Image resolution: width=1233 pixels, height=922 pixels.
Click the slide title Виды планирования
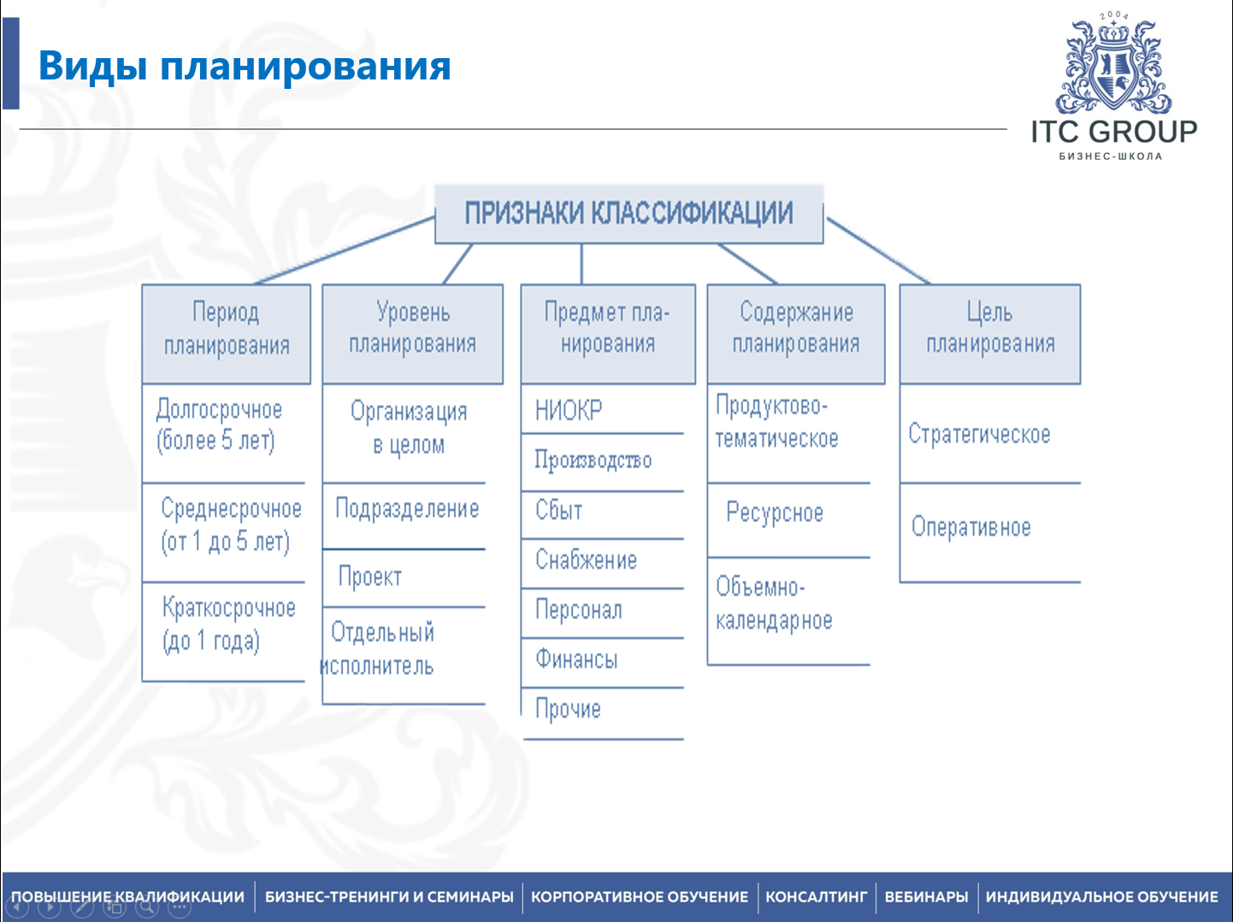pyautogui.click(x=245, y=67)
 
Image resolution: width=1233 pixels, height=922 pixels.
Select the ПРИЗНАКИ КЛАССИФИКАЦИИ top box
pyautogui.click(x=628, y=214)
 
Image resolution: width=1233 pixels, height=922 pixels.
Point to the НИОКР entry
pyautogui.click(x=569, y=411)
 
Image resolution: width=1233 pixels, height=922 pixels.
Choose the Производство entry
pyautogui.click(x=593, y=461)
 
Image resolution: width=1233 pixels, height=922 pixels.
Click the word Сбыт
pyautogui.click(x=559, y=510)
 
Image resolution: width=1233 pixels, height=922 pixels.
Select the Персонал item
pyautogui.click(x=579, y=610)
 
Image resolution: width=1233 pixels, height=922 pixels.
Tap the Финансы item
pyautogui.click(x=576, y=660)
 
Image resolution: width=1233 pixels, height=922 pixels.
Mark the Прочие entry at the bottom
pyautogui.click(x=568, y=709)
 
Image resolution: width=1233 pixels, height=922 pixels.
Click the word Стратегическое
pyautogui.click(x=979, y=434)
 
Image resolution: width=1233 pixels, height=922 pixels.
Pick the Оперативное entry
pyautogui.click(x=970, y=527)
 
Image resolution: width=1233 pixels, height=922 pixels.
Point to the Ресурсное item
pyautogui.click(x=775, y=513)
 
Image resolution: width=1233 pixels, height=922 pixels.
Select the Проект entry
pyautogui.click(x=370, y=577)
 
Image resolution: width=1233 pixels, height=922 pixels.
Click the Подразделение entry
pyautogui.click(x=407, y=509)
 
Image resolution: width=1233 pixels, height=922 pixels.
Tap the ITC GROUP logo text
pyautogui.click(x=1113, y=132)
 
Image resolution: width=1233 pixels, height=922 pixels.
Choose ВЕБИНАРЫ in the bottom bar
pyautogui.click(x=926, y=897)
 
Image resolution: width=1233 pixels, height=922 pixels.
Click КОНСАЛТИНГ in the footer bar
pyautogui.click(x=816, y=897)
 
